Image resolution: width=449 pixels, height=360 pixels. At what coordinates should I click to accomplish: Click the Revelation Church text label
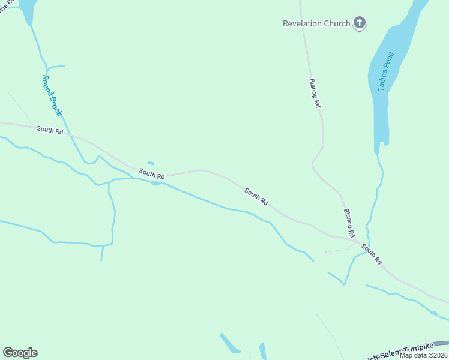point(316,24)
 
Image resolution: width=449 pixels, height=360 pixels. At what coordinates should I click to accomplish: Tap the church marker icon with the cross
point(360,23)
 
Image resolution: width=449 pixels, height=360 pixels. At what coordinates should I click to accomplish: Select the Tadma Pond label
point(386,72)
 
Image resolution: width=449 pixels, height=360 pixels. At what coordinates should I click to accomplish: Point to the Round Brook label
point(52,95)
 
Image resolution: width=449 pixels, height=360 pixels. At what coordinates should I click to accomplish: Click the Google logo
point(20,353)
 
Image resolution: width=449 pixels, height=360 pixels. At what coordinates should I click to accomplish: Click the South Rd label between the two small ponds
point(152,174)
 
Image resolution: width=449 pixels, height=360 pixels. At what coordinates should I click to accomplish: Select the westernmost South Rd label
point(50,130)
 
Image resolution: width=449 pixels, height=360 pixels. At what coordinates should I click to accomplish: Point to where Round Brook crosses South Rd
point(74,137)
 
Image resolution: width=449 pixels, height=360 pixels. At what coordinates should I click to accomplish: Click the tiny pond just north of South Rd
point(151,163)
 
